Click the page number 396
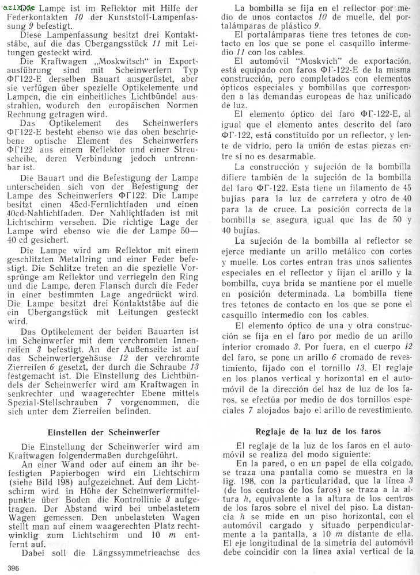coord(11,569)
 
